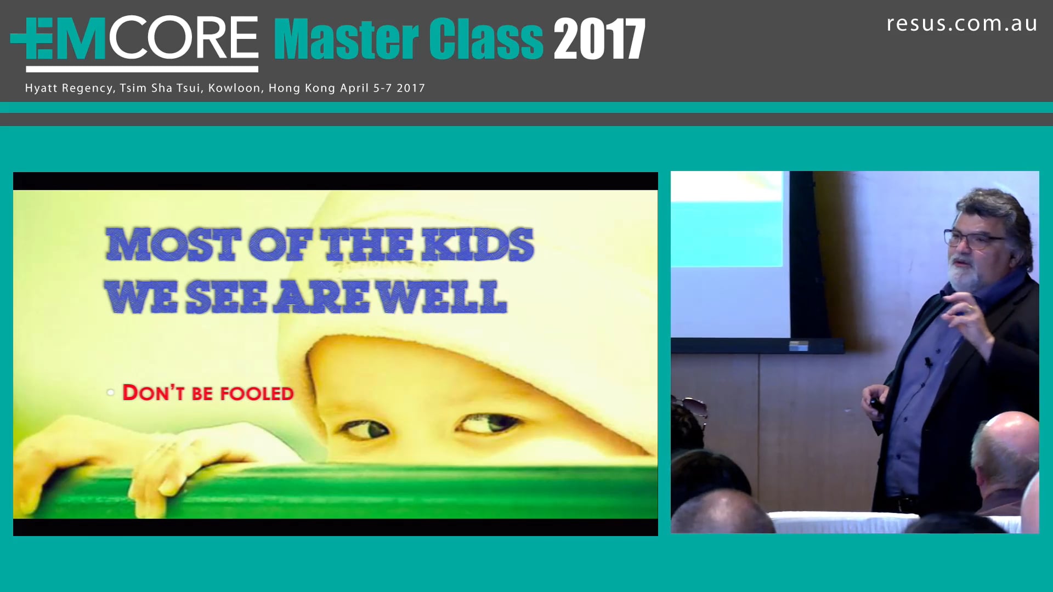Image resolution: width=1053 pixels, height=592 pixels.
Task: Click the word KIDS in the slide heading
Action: point(477,244)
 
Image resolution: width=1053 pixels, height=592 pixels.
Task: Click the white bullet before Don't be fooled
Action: point(111,392)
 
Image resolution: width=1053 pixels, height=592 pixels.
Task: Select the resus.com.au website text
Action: point(962,24)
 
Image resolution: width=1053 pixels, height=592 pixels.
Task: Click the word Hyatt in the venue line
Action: point(41,88)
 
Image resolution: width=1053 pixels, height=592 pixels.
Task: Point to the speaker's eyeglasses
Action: point(973,239)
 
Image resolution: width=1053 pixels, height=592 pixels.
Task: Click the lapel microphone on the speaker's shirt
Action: point(928,363)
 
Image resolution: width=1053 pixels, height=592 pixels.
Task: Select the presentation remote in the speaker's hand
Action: point(876,405)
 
